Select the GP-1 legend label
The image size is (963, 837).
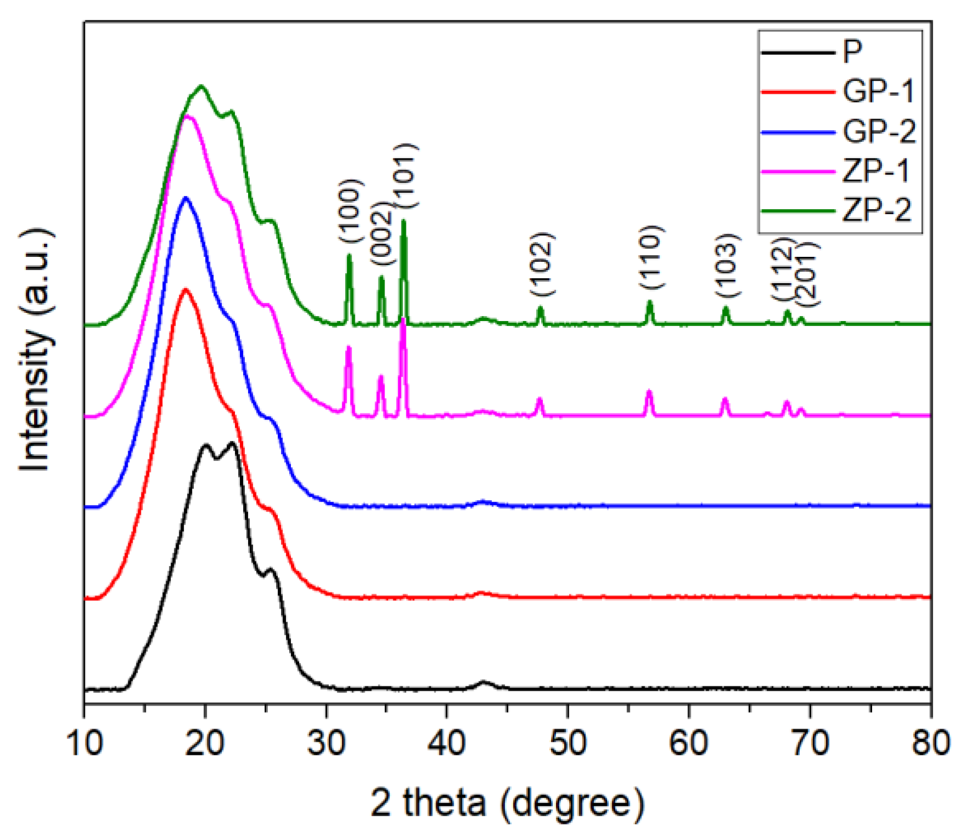879,91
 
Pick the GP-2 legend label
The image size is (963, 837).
879,131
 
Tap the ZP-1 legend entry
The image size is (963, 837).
876,171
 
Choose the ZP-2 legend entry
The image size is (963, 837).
876,210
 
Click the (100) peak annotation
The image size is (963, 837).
351,211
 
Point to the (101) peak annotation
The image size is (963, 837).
407,175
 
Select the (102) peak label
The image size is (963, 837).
543,264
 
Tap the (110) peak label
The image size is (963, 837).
651,257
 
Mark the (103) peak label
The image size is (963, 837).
728,265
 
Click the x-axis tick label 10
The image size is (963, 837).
85,744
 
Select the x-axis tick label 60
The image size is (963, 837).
689,744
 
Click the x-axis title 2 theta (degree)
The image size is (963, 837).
507,803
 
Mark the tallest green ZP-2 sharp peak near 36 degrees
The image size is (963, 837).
404,221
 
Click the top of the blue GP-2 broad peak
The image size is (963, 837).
186,198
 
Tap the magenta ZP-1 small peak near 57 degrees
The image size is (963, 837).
649,392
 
